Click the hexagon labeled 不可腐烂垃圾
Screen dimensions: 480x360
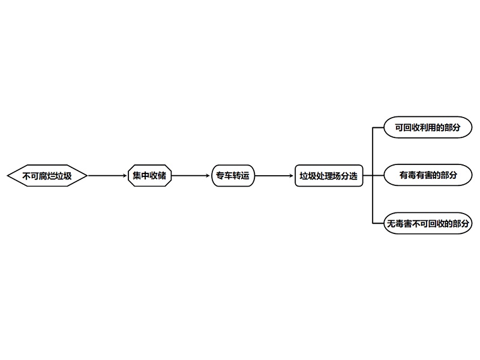coord(47,176)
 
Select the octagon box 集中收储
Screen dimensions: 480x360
coord(149,176)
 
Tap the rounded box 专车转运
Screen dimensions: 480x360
coord(233,176)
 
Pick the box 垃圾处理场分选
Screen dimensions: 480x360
coord(329,176)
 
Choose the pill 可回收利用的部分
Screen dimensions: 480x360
coord(428,127)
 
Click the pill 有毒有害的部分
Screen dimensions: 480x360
coord(428,175)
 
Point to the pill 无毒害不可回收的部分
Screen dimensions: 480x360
coord(428,223)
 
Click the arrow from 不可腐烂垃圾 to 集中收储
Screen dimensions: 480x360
coord(107,176)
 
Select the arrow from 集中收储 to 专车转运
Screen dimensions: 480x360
coord(191,176)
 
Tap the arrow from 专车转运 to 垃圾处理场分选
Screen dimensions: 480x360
coord(274,176)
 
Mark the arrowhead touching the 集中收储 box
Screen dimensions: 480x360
coord(125,176)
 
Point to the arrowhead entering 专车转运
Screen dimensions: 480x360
coord(209,176)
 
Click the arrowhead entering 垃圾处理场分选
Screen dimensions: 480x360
coord(292,176)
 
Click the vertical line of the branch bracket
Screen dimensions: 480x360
coord(373,175)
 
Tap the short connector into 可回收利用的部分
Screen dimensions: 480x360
coord(378,127)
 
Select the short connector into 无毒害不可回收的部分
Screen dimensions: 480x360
coord(378,223)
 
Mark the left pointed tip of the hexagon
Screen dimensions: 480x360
coord(7,176)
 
